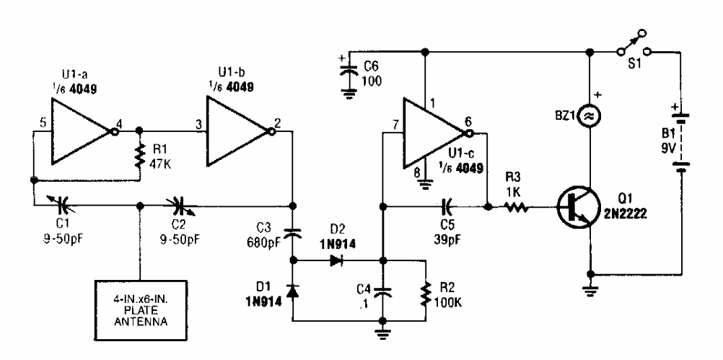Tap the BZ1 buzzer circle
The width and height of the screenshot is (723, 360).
pyautogui.click(x=592, y=115)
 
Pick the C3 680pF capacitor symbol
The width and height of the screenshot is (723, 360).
pyautogui.click(x=292, y=234)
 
